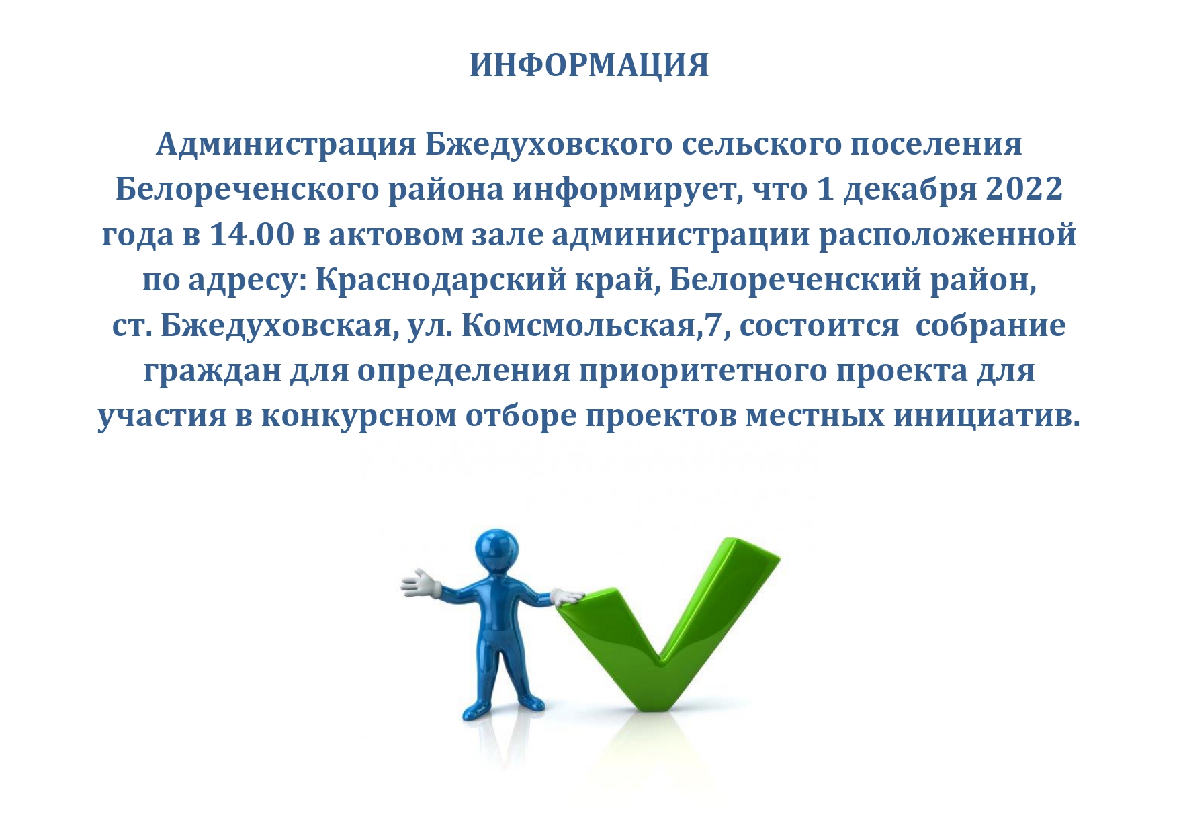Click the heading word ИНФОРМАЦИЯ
point(589,66)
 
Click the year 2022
point(1024,189)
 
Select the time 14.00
point(252,235)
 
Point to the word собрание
point(990,326)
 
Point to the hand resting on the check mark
point(568,596)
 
